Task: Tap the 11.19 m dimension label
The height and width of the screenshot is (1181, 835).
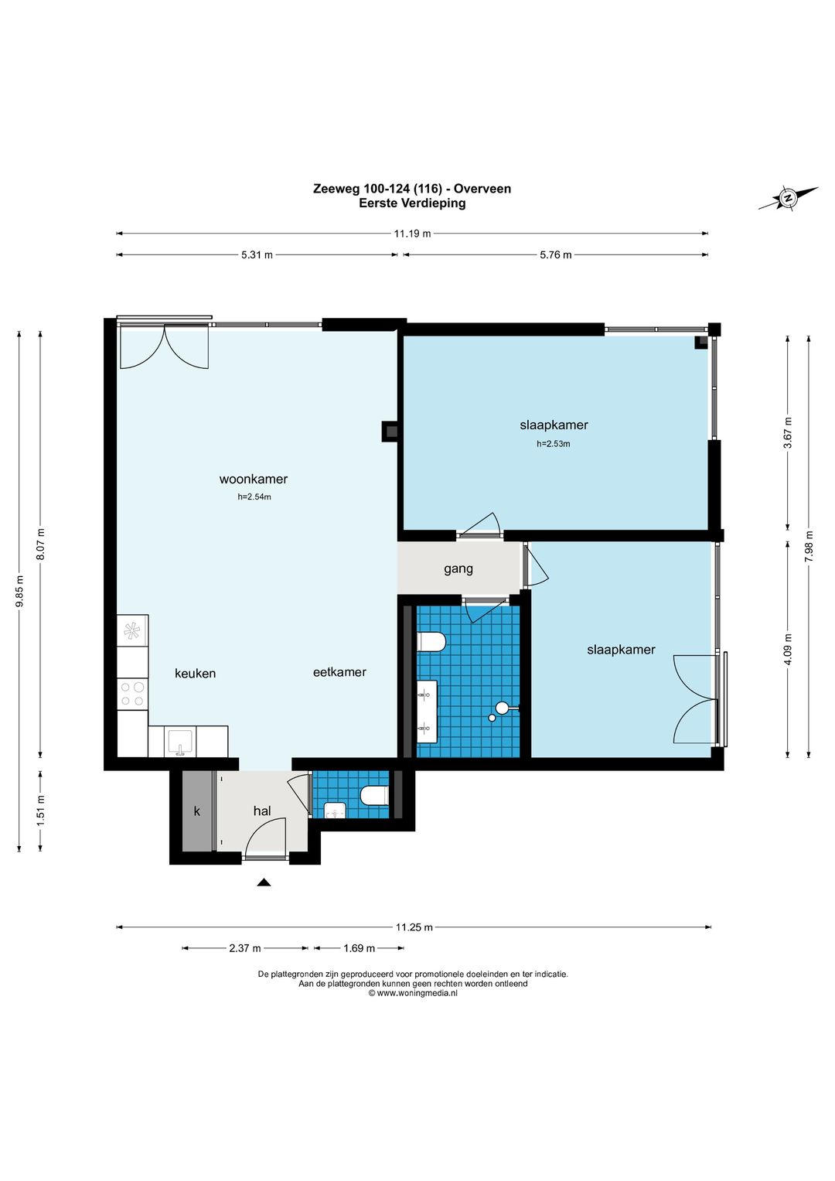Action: pos(412,234)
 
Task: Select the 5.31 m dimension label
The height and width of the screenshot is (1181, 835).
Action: pos(257,255)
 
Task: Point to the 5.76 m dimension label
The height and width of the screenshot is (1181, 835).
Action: pos(556,255)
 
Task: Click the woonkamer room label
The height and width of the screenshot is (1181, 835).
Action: pos(253,480)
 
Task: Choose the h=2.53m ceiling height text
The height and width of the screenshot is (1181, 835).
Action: pos(554,444)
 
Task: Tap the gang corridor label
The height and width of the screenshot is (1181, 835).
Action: pos(458,569)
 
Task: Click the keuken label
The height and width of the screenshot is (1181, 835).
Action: pos(195,674)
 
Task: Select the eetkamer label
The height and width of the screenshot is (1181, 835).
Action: pos(339,672)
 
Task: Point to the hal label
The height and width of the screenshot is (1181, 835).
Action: pos(262,811)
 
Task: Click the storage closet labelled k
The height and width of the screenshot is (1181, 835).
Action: pos(197,811)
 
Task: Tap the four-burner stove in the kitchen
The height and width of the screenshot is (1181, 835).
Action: pos(132,694)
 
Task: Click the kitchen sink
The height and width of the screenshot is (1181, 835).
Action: pos(180,742)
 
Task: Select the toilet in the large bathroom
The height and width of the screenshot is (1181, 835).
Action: pos(431,643)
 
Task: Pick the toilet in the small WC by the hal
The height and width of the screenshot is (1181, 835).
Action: pos(375,796)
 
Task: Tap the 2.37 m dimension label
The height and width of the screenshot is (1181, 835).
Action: pos(244,948)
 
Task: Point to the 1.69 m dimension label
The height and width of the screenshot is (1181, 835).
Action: pos(359,948)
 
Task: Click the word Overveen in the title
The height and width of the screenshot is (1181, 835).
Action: pos(482,189)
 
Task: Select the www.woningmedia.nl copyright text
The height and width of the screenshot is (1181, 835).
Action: pos(413,993)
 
